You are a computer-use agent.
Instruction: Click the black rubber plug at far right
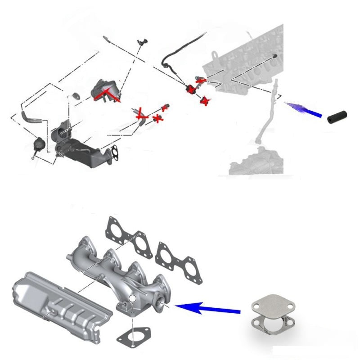(x=337, y=116)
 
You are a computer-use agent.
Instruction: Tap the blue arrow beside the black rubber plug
(x=304, y=109)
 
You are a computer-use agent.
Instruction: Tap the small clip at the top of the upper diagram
(x=143, y=42)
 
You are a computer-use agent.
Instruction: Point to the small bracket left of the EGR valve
(x=76, y=95)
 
